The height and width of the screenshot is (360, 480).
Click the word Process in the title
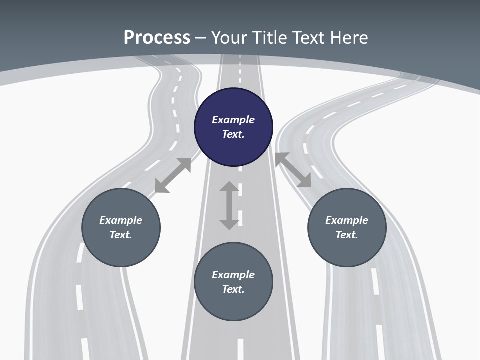[157, 38]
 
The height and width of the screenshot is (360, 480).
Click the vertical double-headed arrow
[229, 205]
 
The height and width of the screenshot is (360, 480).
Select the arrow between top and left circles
[173, 175]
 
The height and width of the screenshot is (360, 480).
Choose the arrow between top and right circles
[293, 170]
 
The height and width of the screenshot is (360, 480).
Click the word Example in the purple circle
[233, 120]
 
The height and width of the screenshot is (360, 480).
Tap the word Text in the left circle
[121, 235]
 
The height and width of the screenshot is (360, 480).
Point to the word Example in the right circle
[347, 220]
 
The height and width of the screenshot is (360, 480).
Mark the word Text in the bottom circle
[233, 289]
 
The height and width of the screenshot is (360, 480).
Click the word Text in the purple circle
[233, 134]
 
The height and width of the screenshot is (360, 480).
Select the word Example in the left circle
[121, 220]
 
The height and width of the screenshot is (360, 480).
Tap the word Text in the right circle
[347, 235]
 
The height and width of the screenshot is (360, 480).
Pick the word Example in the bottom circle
[233, 275]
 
